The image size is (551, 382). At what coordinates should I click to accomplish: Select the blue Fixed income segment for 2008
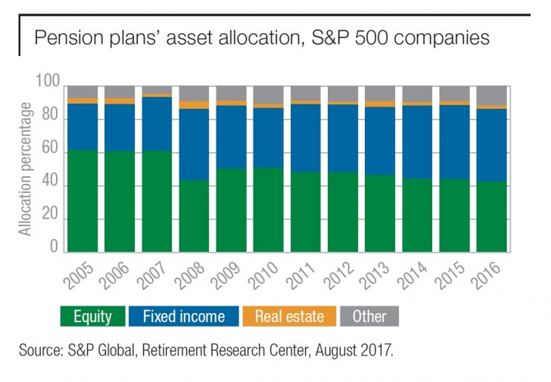click(194, 144)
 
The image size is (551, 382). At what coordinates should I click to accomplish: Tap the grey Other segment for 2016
click(491, 95)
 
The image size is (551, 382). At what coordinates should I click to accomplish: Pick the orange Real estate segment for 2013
click(380, 104)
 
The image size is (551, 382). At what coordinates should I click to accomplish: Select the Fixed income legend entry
click(184, 316)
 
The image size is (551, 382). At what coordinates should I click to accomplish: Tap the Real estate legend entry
click(288, 316)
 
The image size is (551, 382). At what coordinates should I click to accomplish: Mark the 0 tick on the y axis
click(54, 247)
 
